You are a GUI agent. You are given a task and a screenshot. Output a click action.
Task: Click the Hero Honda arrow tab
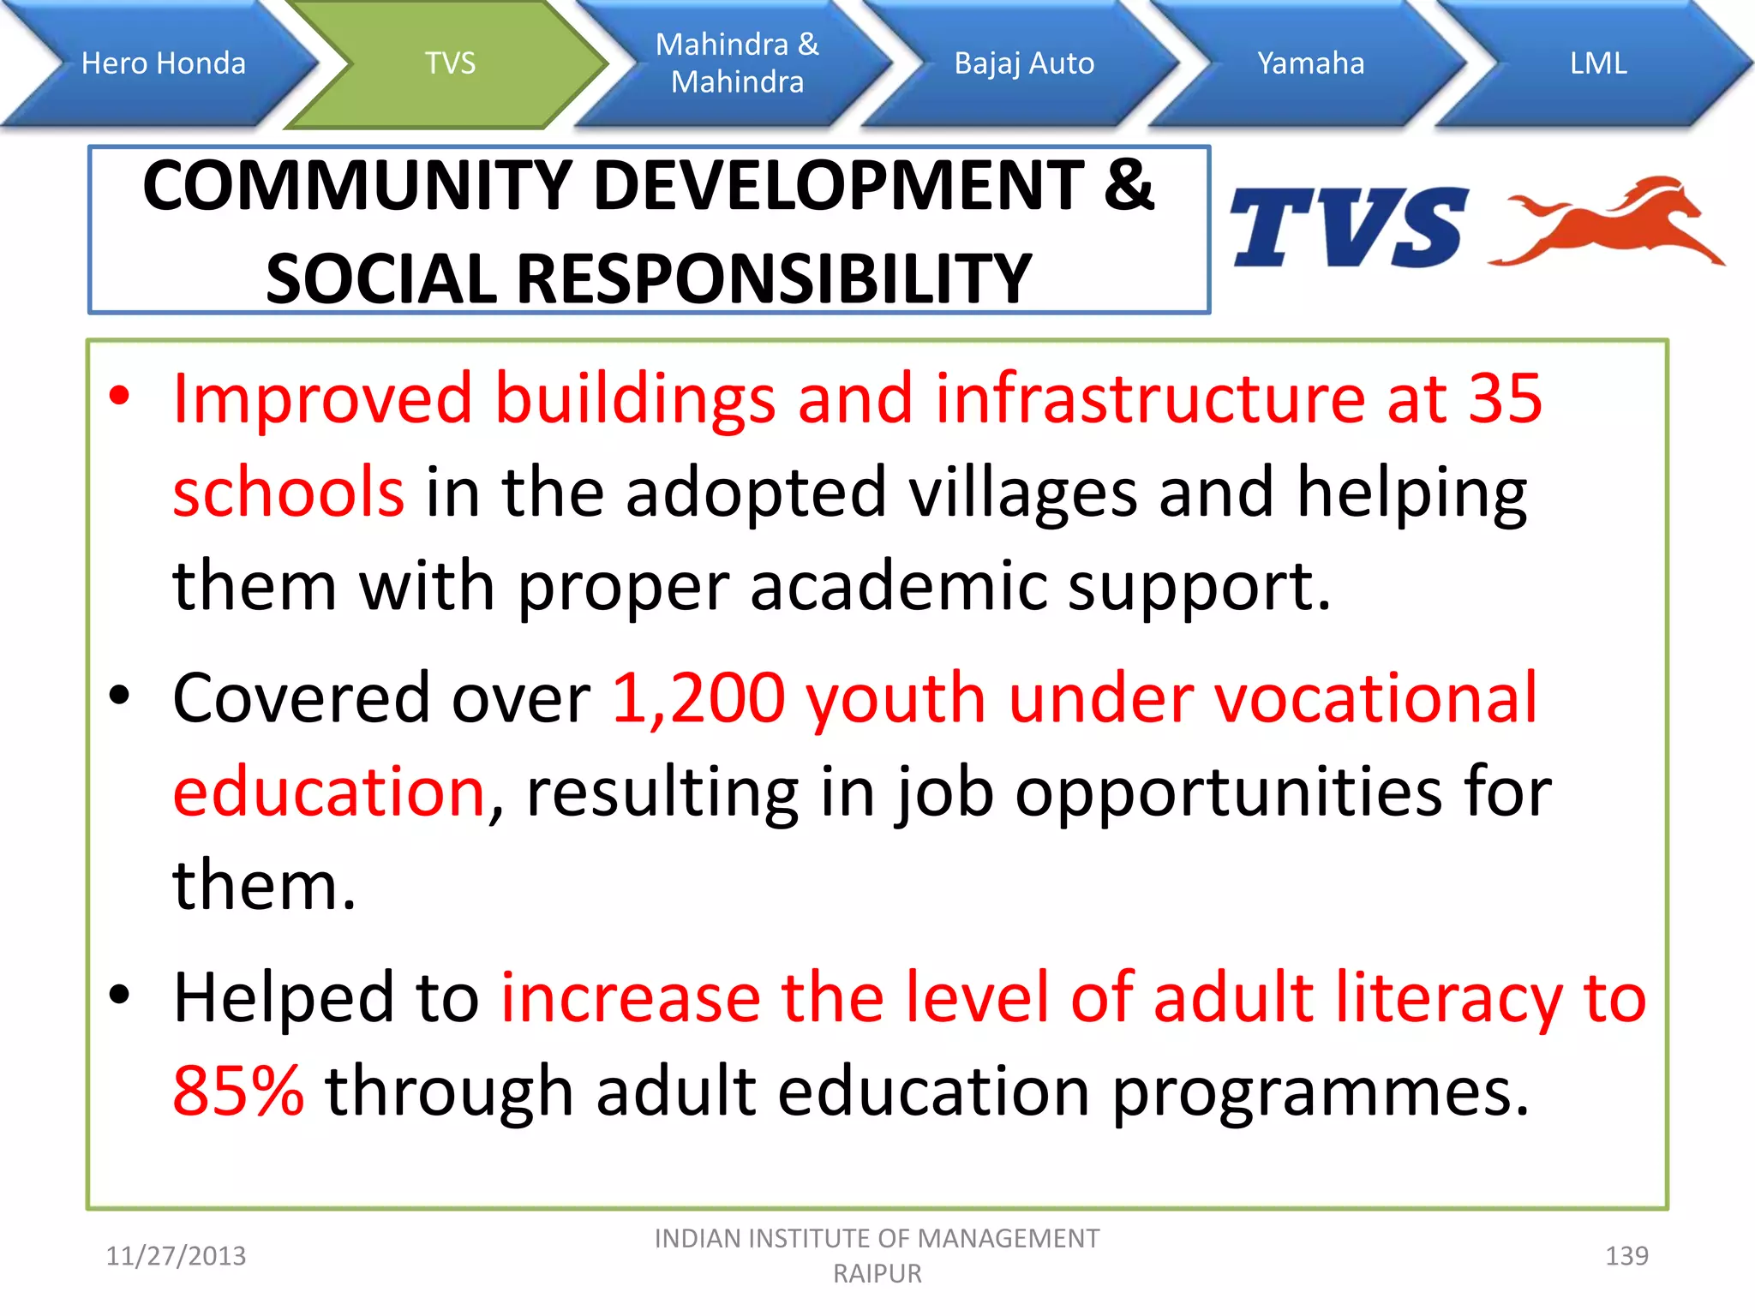(x=163, y=63)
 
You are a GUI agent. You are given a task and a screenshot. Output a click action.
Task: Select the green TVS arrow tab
(x=450, y=63)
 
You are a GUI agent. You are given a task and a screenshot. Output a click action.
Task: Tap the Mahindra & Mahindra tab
(x=737, y=63)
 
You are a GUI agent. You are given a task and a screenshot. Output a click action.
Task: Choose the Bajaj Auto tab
(x=1024, y=63)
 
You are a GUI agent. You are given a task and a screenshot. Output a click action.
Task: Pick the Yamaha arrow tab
(x=1310, y=63)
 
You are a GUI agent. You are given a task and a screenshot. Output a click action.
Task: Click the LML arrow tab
(x=1597, y=63)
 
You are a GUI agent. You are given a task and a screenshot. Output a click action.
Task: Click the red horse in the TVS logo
(x=1611, y=223)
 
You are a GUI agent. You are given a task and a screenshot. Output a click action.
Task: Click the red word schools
(x=288, y=492)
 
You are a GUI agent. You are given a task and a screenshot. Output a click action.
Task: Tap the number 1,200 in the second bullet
(x=698, y=698)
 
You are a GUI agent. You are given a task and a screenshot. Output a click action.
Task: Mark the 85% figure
(x=238, y=1092)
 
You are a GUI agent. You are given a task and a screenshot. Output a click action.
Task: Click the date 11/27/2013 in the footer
(x=176, y=1256)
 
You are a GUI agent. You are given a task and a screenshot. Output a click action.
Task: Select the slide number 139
(x=1626, y=1256)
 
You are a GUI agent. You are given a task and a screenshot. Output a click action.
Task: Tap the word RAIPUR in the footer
(x=877, y=1274)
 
